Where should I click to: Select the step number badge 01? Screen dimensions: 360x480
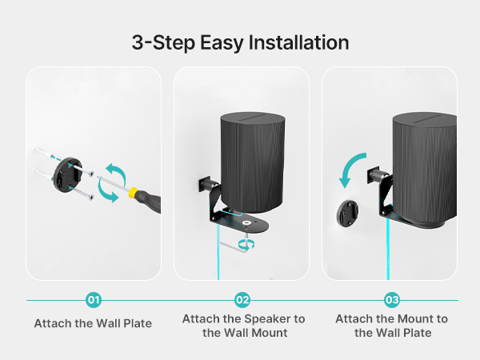pos(94,300)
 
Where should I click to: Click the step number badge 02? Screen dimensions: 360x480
pos(242,300)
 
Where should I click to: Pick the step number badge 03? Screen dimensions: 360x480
pos(392,300)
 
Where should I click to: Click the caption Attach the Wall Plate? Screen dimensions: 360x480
pos(94,324)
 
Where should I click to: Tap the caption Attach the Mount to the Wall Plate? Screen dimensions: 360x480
pos(391,325)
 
